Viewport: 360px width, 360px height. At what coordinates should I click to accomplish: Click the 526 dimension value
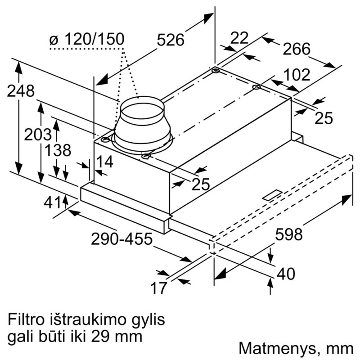171,40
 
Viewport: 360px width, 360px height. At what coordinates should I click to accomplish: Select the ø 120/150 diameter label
87,40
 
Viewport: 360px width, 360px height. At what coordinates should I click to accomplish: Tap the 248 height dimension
21,91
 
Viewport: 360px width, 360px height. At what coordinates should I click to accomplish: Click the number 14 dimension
104,161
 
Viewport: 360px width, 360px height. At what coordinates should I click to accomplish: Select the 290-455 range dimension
121,238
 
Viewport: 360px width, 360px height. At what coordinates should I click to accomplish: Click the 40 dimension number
286,273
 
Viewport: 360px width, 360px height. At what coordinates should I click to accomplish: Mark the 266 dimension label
297,49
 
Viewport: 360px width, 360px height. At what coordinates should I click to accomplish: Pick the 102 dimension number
297,75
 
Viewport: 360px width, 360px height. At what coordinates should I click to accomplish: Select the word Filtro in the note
27,320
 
